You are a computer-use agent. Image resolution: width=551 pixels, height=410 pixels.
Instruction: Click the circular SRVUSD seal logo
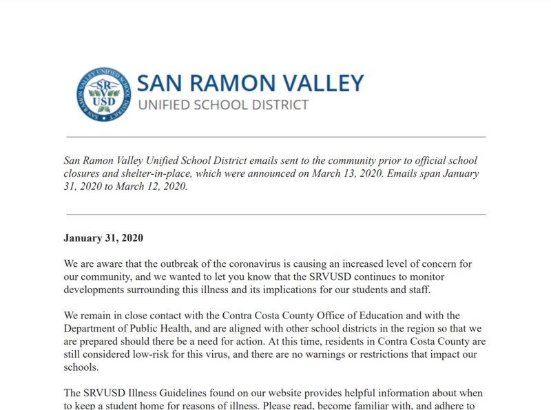[103, 94]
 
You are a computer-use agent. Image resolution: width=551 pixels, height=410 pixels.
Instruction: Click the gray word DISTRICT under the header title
[275, 105]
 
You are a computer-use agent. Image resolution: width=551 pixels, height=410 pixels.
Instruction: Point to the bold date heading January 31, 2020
[103, 238]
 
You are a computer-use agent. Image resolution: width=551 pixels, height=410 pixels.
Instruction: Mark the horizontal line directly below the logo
[275, 137]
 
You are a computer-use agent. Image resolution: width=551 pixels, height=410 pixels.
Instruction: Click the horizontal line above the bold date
[275, 214]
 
